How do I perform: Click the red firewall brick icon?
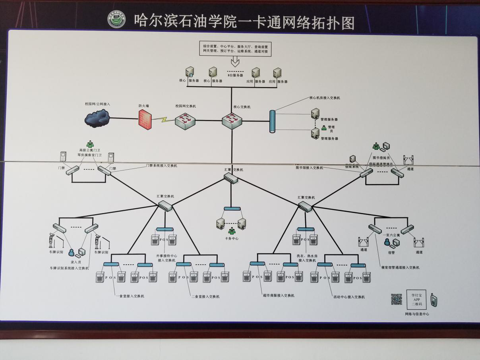click(x=146, y=119)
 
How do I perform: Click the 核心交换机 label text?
click(x=242, y=107)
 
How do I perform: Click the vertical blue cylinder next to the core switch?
click(x=273, y=122)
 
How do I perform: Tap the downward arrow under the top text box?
click(x=235, y=61)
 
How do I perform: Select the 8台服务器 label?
click(x=235, y=75)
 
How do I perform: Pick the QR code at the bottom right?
click(x=397, y=299)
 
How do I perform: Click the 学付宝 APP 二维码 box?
click(x=416, y=300)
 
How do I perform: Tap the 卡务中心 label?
click(x=232, y=238)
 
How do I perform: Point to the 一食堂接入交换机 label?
click(x=130, y=296)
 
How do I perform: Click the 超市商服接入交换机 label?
click(x=278, y=295)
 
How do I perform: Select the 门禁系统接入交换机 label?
click(x=162, y=165)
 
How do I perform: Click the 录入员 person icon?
click(x=72, y=252)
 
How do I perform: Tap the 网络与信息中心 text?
click(x=417, y=314)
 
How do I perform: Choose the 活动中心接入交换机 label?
click(x=349, y=296)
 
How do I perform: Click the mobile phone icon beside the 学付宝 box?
click(x=434, y=300)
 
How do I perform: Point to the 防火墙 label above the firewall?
click(x=144, y=106)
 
